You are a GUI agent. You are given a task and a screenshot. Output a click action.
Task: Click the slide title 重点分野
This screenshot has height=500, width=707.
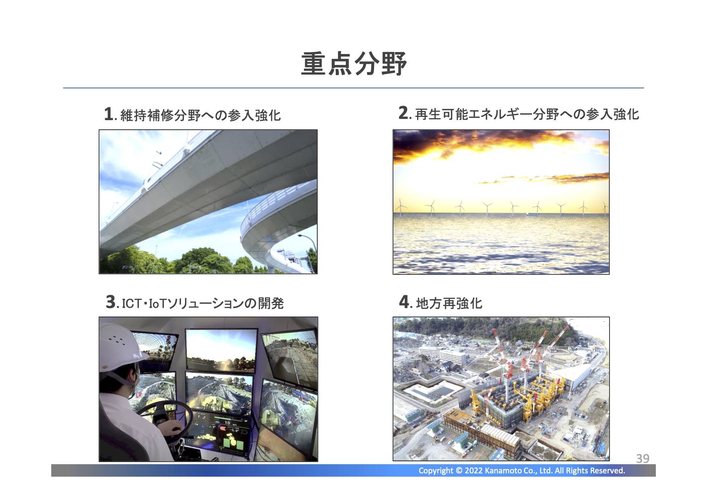point(354,64)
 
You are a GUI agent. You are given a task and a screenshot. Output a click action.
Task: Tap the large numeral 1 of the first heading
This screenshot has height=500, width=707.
point(108,114)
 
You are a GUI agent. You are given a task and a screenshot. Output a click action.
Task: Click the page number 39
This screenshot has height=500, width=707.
point(643,458)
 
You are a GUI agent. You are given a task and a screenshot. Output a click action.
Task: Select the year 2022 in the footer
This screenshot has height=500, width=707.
point(473,471)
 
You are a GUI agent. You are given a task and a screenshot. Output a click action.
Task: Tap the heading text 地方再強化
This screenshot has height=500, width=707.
point(449,303)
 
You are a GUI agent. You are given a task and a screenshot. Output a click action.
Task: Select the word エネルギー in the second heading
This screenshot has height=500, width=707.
point(500,115)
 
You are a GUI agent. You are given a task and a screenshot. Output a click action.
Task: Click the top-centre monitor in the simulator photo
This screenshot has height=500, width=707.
point(221,350)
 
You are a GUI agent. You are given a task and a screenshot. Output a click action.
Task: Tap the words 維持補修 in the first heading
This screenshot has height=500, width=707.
point(147,115)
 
